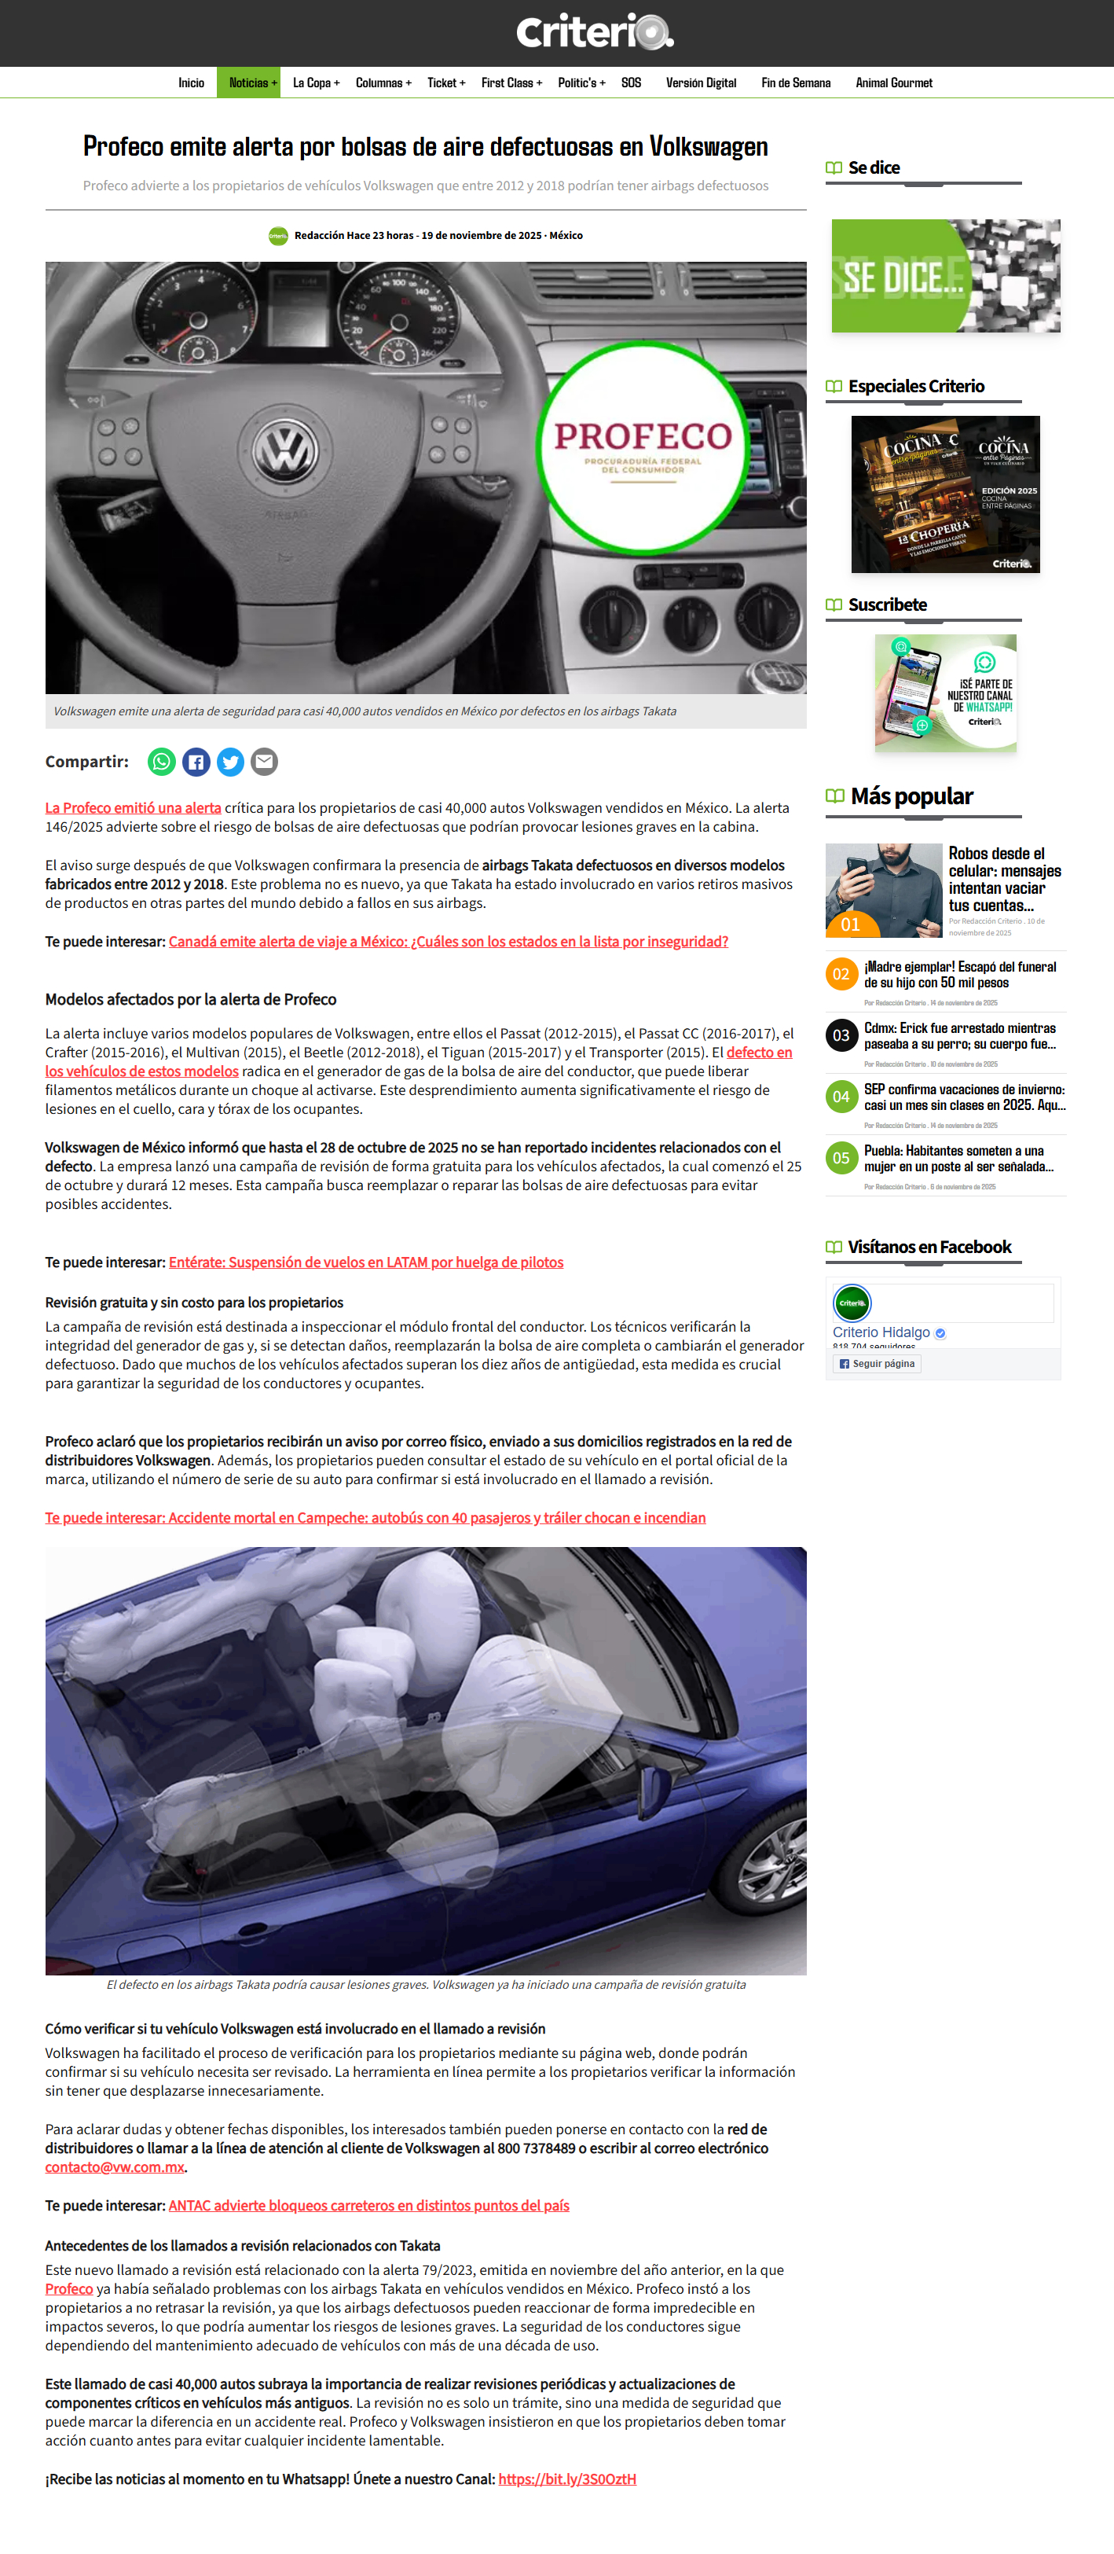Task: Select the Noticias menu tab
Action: [249, 83]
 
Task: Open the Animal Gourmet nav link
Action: [893, 83]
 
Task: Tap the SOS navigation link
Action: [632, 83]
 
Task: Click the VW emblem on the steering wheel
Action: [285, 451]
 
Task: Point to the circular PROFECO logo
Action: [642, 447]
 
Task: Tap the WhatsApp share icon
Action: [162, 762]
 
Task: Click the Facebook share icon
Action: [196, 762]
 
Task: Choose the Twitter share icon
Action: [230, 762]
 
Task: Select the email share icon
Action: [264, 762]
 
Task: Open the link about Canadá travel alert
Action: [448, 941]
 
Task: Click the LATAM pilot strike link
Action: [366, 1262]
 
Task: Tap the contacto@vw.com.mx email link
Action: [115, 2166]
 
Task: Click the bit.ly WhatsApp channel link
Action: [567, 2479]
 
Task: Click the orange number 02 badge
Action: [841, 974]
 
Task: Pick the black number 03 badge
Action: [841, 1035]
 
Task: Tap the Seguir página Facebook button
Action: [877, 1363]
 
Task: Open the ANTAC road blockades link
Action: [368, 2205]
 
